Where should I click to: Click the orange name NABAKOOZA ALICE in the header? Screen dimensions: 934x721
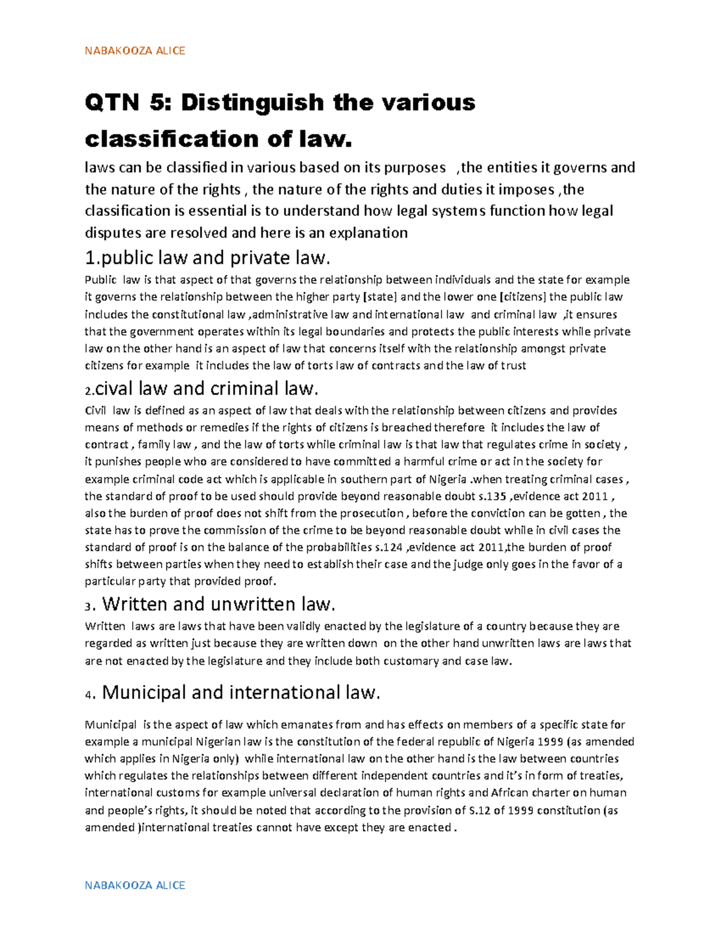coord(135,51)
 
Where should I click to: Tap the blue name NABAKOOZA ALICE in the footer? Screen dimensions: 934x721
coord(135,885)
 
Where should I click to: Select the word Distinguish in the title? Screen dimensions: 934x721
coord(253,103)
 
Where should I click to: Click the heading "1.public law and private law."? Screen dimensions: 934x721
coord(208,258)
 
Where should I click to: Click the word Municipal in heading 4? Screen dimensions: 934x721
coord(144,693)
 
